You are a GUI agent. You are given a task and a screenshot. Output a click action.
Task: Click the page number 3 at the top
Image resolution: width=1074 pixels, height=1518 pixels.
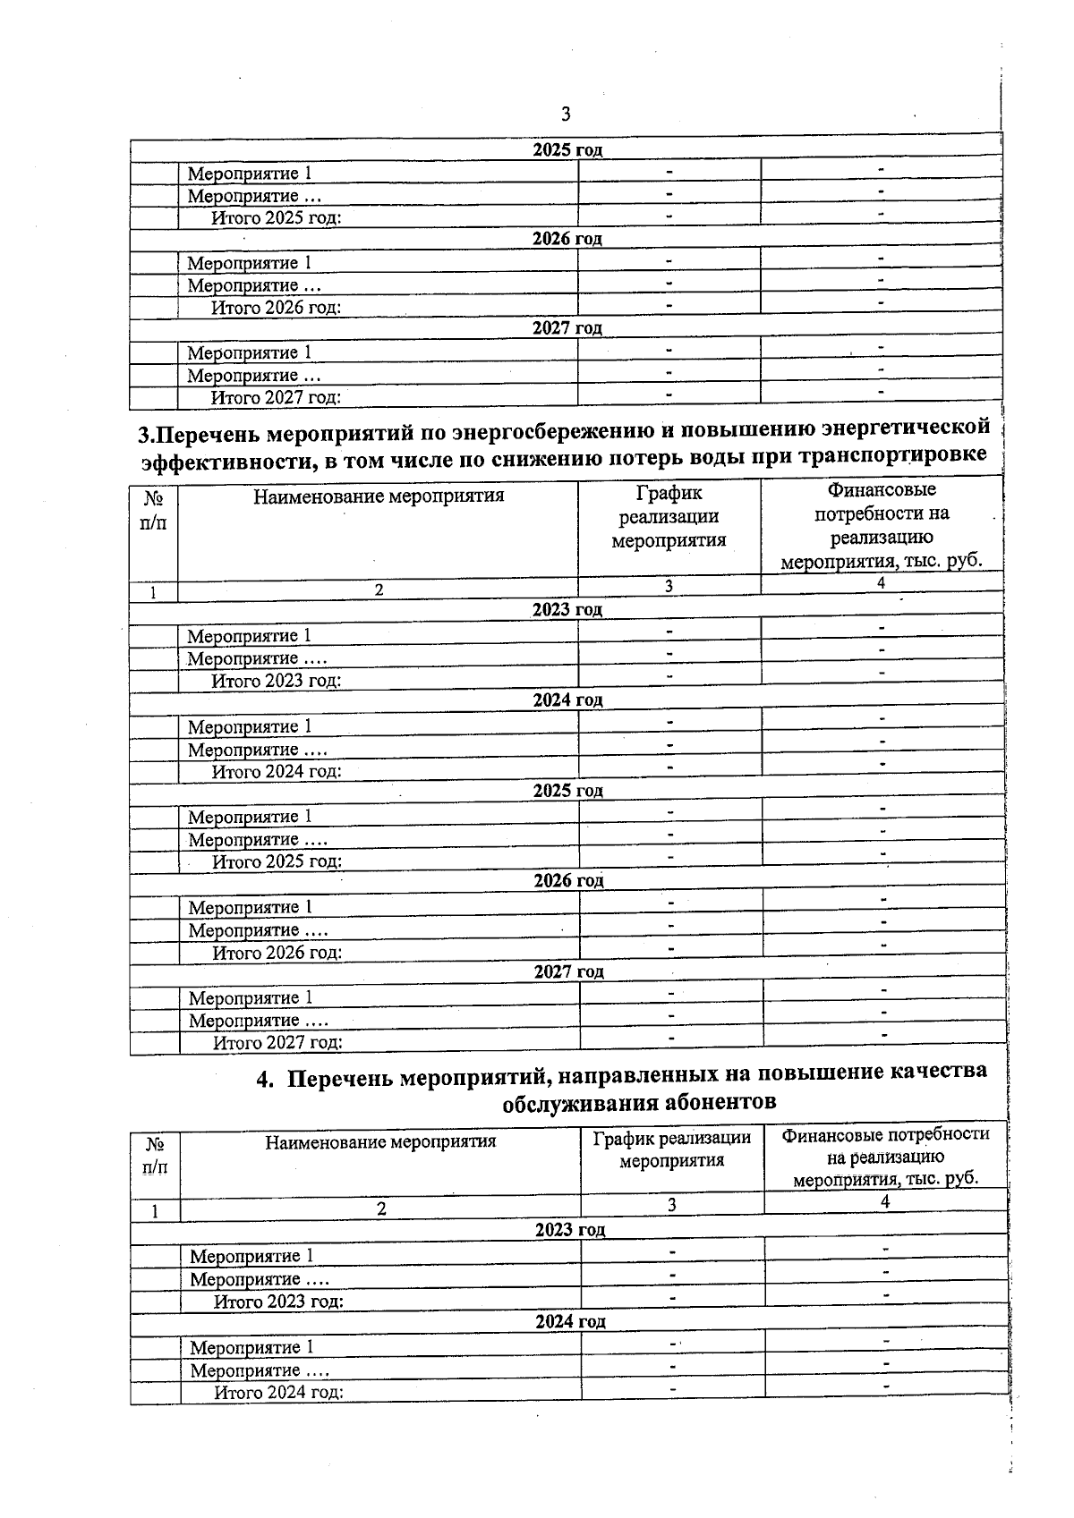coord(565,114)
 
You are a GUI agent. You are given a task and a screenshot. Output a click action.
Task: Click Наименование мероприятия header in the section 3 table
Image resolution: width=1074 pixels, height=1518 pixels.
coord(379,496)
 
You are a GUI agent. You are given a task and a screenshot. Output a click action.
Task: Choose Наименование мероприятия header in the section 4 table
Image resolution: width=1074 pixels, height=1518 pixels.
coord(380,1141)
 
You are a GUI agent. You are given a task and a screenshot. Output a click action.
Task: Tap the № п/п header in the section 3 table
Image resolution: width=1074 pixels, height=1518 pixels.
coord(153,510)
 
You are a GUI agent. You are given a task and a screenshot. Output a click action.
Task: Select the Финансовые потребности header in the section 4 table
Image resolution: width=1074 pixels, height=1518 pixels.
coord(885,1156)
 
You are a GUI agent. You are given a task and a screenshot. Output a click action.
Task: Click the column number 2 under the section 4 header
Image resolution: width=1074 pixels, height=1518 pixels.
coord(381,1208)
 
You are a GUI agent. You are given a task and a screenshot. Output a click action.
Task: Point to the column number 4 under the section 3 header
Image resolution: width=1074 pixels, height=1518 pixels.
coord(881,583)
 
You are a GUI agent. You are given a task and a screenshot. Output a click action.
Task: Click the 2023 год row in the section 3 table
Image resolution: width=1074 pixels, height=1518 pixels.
coord(567,609)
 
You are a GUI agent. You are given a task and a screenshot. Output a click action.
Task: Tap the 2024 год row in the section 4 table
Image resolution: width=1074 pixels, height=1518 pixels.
coord(570,1321)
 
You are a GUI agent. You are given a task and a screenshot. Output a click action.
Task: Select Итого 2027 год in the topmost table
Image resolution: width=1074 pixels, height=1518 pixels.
coord(276,397)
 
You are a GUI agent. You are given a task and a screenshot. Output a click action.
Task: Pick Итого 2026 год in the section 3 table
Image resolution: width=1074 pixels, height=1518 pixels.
coord(277,953)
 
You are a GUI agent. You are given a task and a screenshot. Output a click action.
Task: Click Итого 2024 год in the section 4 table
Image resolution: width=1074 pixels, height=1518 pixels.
coord(278,1392)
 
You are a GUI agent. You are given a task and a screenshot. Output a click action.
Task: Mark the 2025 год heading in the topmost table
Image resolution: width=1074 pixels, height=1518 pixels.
coord(567,149)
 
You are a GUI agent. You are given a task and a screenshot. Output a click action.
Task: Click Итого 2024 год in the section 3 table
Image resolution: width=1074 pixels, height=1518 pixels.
coord(276,771)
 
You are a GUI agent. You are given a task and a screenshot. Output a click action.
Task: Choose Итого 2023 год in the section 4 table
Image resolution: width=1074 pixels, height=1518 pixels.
coord(278,1302)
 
